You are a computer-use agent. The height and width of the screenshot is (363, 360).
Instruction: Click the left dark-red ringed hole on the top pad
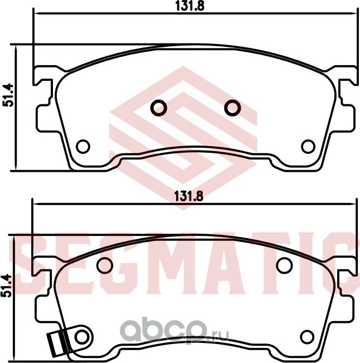tap(159, 107)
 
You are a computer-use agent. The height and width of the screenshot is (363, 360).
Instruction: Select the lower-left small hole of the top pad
tap(83, 147)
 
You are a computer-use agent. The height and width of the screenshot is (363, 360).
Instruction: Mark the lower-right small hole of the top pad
tap(308, 147)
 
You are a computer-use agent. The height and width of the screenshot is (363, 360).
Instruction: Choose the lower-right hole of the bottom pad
tap(306, 336)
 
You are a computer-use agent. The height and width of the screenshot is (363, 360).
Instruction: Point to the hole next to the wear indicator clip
tap(82, 336)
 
